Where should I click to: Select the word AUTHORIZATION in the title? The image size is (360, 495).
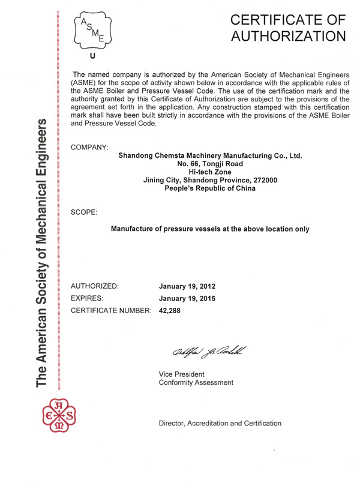click(x=289, y=37)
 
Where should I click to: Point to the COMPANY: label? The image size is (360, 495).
click(x=89, y=147)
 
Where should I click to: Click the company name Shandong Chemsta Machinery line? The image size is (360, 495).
click(x=210, y=157)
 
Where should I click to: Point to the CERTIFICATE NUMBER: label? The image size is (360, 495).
click(x=112, y=311)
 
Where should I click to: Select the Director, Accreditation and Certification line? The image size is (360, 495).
click(x=220, y=423)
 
